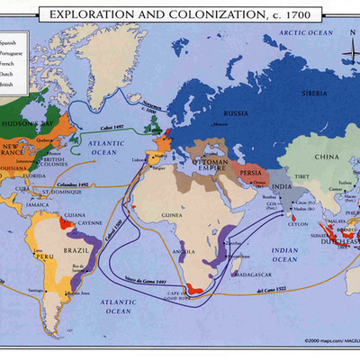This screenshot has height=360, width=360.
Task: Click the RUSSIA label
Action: point(236,113)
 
